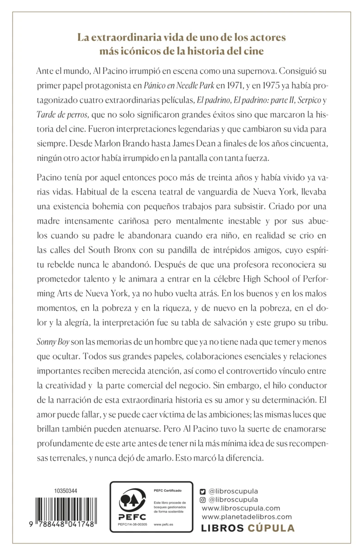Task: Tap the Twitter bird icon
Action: pos(202,491)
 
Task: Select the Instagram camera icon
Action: pos(202,499)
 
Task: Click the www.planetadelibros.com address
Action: pos(247,516)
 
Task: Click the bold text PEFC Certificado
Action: pos(167,490)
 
